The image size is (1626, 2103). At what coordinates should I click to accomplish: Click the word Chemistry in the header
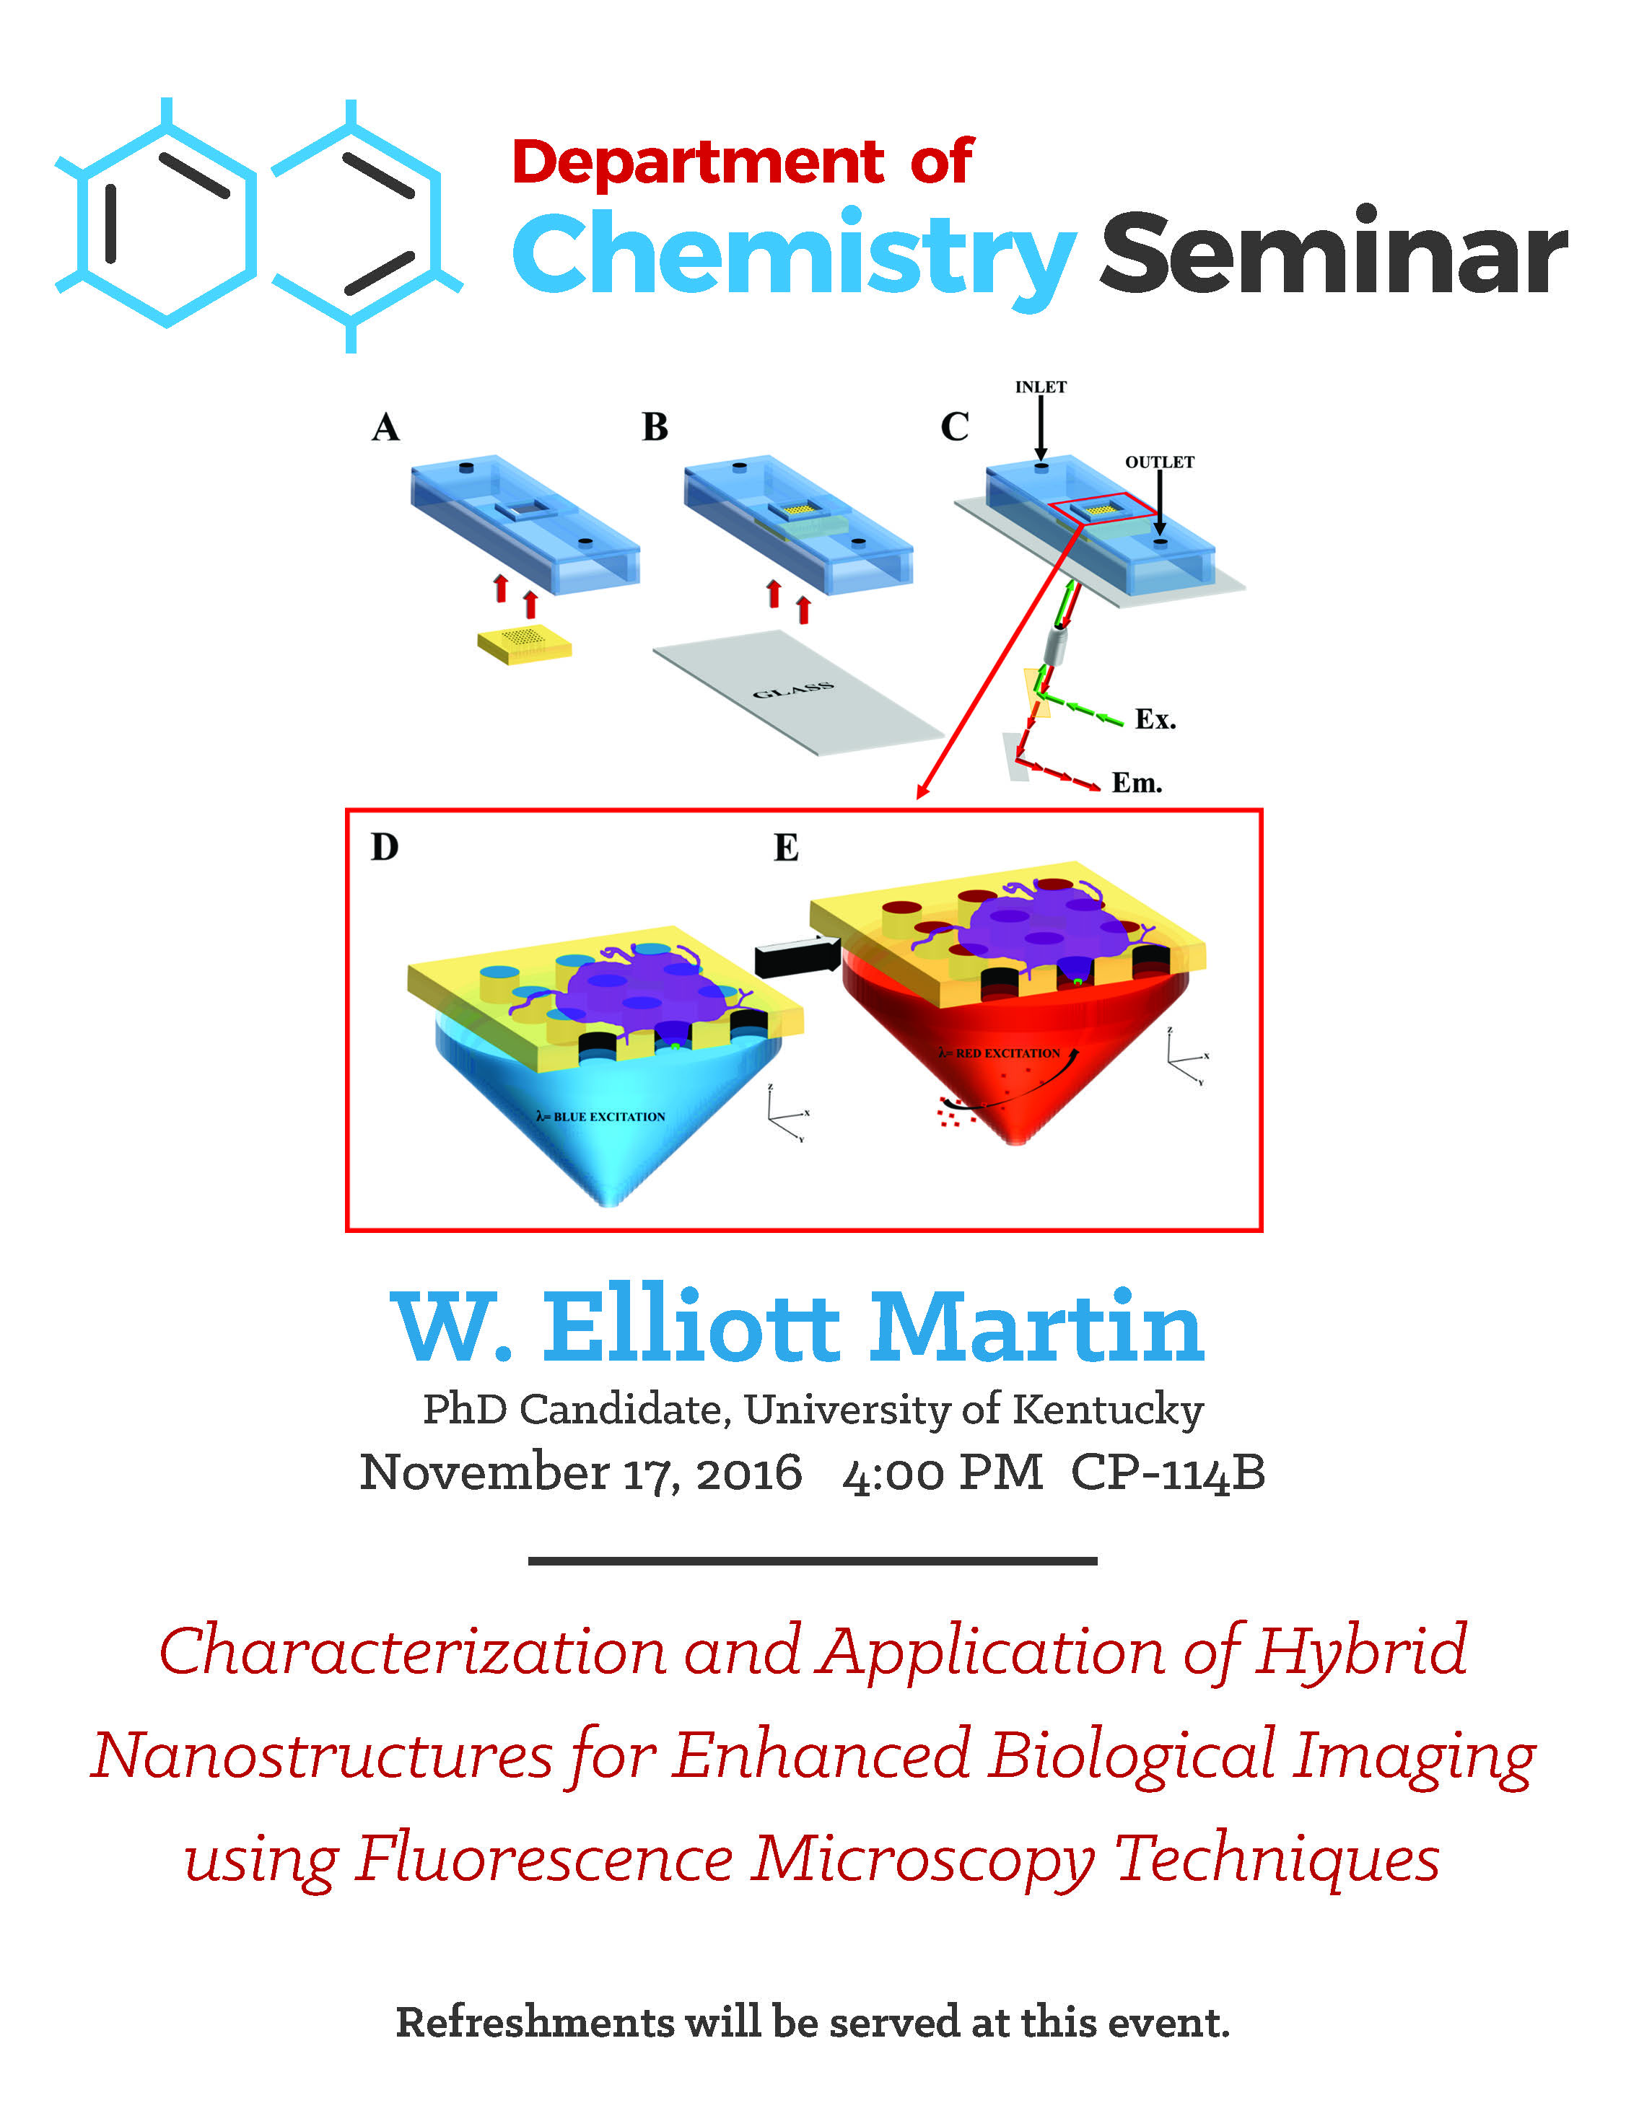(794, 257)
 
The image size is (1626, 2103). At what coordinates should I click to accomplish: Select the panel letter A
(385, 426)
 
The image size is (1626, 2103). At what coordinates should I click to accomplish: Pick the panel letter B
(655, 426)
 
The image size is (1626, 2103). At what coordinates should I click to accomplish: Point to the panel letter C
(955, 426)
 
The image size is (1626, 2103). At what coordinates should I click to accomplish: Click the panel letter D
(385, 848)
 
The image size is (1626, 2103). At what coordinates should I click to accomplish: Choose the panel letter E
(786, 848)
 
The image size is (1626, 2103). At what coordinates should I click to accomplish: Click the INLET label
(1040, 387)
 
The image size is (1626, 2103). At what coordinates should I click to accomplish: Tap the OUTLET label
(1160, 462)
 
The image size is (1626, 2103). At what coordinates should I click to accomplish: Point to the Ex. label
(1155, 719)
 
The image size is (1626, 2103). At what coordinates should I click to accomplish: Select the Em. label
(1137, 783)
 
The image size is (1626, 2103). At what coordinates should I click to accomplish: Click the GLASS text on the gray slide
(792, 690)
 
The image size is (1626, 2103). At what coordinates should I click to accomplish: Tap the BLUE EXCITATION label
(601, 1117)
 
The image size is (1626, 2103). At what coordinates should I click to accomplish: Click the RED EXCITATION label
(1000, 1053)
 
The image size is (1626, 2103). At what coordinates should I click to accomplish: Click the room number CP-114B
(1168, 1472)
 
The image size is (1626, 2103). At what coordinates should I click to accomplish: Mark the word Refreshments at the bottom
(535, 2022)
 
